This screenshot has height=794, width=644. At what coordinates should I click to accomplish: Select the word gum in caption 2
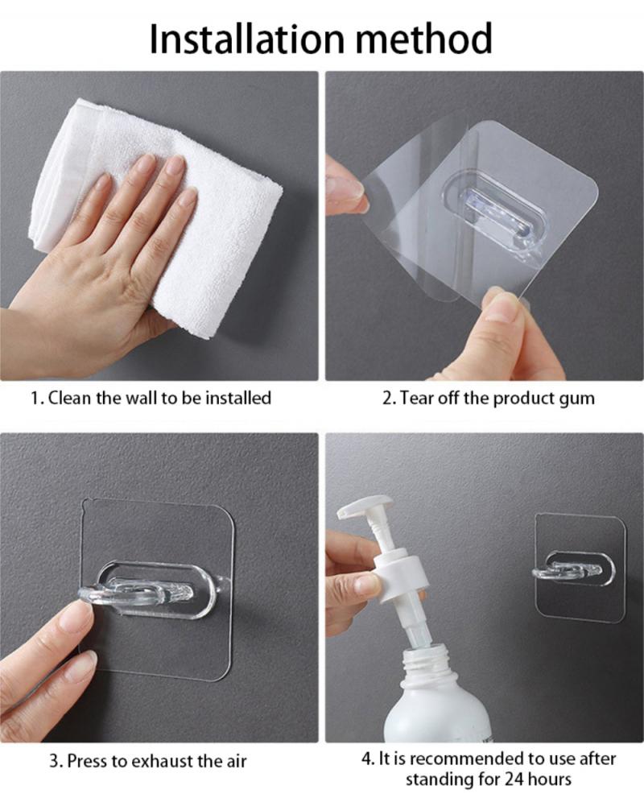coord(577,398)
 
